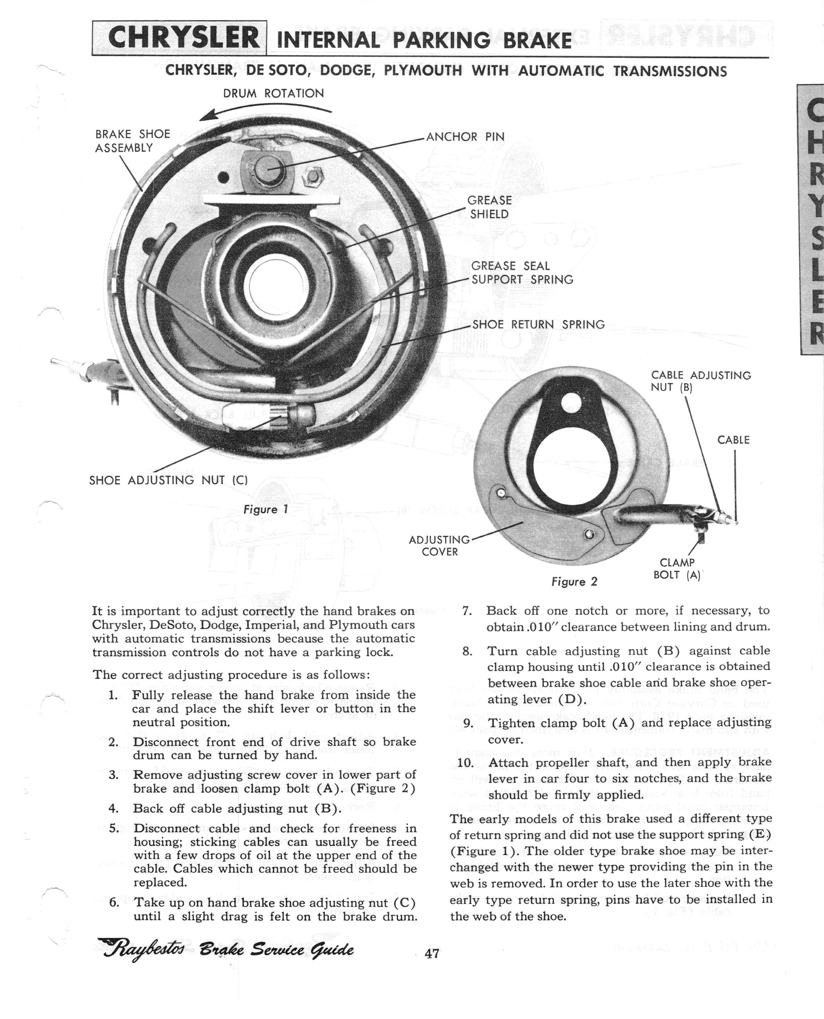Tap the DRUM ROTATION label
pos(273,93)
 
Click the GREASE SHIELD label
pos(489,207)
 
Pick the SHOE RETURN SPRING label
pos(538,324)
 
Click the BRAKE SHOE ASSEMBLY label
pos(132,141)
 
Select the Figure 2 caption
pos(574,581)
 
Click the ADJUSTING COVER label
pos(439,545)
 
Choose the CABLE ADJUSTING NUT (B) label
pos(701,381)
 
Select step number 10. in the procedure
pos(468,762)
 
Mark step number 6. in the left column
pos(114,902)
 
